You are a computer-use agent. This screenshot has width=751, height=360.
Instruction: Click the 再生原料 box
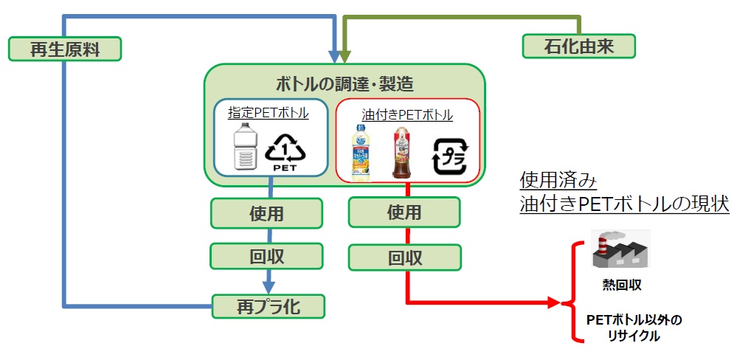click(65, 49)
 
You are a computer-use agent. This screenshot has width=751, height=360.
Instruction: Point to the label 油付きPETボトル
click(407, 115)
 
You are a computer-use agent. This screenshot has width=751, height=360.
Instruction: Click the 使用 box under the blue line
click(266, 213)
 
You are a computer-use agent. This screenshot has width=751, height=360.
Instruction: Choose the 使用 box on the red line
click(404, 212)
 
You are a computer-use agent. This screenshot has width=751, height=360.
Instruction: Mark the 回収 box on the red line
click(404, 257)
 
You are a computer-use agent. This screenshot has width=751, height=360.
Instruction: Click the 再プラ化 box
click(267, 305)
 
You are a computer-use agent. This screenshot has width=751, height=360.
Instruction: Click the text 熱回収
click(618, 284)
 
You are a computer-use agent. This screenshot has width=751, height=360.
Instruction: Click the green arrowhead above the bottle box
click(345, 56)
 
